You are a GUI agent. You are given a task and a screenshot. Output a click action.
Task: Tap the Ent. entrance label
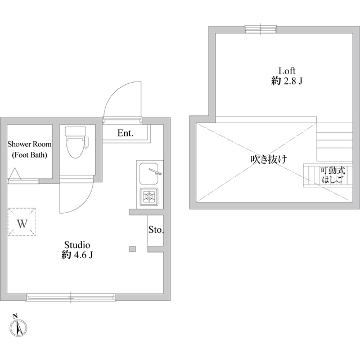pos(125,133)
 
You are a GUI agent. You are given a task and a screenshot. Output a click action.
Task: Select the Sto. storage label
pos(155,229)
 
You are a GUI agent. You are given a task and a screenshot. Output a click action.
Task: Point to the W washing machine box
pos(22,223)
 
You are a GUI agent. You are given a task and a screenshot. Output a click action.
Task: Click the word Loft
pos(287,71)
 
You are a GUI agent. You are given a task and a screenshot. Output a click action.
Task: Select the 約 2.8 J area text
pos(287,81)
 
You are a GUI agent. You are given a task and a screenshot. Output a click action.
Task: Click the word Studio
pos(77,245)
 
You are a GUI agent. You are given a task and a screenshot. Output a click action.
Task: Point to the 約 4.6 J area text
pos(77,255)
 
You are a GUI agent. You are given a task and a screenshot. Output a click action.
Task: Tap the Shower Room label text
pos(29,145)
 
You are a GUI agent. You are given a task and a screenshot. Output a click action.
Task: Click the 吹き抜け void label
pos(269,159)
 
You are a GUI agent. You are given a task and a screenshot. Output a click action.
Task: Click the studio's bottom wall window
pos(71,296)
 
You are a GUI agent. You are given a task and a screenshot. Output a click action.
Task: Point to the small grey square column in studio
pos(133,249)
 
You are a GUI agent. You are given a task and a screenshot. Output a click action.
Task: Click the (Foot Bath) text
pos(29,155)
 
